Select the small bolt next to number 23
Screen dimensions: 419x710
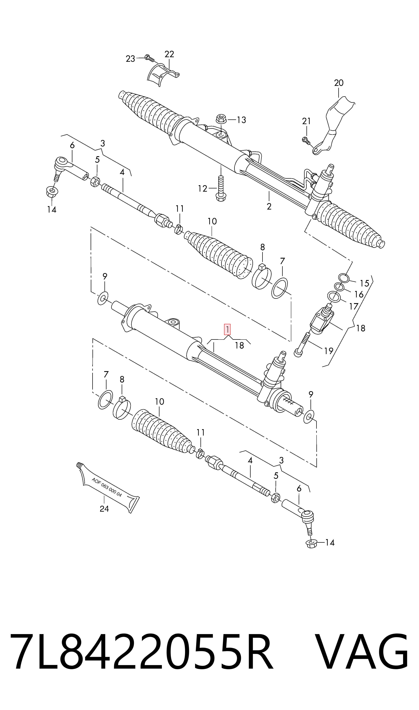point(149,58)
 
